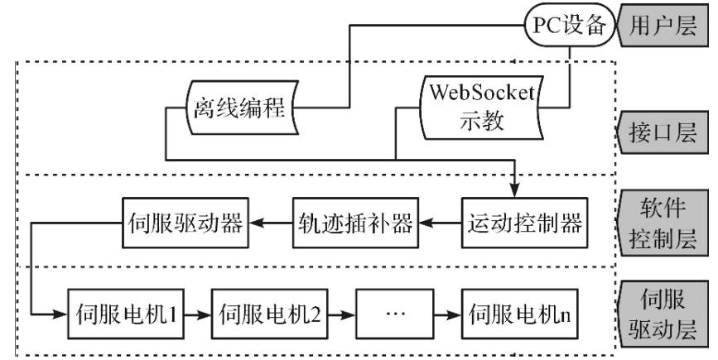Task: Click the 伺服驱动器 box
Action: click(x=185, y=223)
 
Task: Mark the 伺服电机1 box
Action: click(x=123, y=314)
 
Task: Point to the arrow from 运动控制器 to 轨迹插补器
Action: click(x=436, y=223)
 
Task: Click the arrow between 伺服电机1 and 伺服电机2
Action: click(x=195, y=314)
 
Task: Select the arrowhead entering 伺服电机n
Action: click(x=454, y=314)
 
